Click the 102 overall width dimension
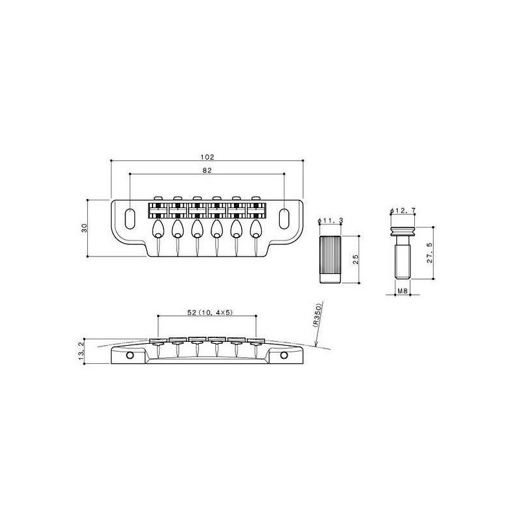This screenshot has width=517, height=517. tap(207, 157)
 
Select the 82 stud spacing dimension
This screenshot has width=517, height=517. tap(207, 171)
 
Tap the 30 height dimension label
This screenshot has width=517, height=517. tap(85, 228)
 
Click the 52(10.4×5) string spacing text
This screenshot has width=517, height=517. tap(210, 312)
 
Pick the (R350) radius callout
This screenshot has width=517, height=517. tap(317, 314)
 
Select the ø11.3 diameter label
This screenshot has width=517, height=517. tap(330, 220)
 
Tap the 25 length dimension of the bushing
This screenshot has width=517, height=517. tap(355, 259)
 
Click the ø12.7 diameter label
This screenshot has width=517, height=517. tap(403, 211)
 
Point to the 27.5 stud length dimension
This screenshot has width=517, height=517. tap(430, 253)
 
